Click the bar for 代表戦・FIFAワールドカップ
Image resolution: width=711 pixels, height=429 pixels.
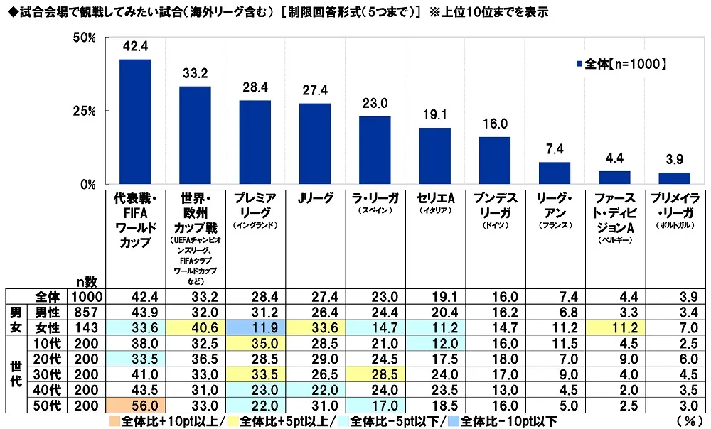coord(135,121)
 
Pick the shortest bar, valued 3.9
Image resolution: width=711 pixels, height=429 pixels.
coord(674,178)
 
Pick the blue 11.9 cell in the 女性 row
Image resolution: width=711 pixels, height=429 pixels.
coord(255,327)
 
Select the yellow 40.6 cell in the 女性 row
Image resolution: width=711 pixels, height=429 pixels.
coord(195,327)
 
